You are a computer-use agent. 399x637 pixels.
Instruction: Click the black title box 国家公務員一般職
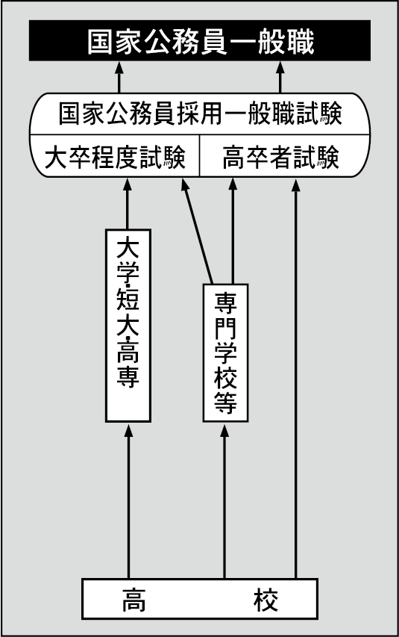click(200, 40)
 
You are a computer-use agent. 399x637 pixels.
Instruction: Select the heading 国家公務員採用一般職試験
click(200, 116)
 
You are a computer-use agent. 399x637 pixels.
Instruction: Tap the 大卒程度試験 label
click(115, 158)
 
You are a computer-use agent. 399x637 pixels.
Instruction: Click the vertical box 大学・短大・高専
click(128, 325)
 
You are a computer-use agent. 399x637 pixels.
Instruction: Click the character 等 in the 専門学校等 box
click(225, 404)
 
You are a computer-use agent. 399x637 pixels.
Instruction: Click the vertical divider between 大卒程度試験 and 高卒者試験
click(200, 158)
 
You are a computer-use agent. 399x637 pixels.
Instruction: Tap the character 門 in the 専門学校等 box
click(225, 327)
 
